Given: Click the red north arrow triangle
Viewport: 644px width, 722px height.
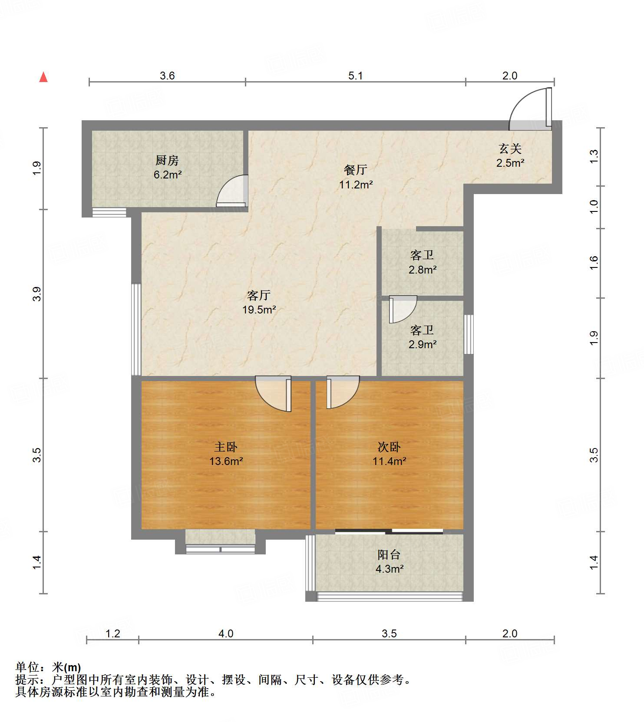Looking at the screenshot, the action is [x=43, y=77].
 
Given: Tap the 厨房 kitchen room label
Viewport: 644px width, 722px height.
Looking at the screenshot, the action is [x=167, y=161].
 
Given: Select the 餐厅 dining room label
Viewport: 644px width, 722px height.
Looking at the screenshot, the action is [x=356, y=170].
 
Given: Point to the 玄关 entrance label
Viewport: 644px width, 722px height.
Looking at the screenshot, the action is [x=510, y=149].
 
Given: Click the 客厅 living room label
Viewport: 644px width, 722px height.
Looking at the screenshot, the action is [x=259, y=295].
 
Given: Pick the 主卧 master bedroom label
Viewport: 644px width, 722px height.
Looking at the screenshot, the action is [x=226, y=447].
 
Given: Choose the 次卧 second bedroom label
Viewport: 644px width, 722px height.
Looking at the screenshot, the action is [x=389, y=447].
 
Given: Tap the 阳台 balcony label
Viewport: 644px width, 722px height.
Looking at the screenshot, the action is [x=389, y=554].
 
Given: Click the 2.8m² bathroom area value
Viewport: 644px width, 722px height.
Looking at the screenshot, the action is [x=423, y=270].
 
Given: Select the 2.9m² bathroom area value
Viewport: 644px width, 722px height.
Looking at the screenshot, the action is [x=423, y=344].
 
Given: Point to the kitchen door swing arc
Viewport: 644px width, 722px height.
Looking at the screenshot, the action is [x=232, y=190].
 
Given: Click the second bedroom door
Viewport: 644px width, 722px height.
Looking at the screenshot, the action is [x=343, y=392].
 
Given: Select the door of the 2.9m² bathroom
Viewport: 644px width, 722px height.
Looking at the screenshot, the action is [x=403, y=310].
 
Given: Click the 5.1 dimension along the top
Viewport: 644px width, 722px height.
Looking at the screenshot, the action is [x=355, y=76].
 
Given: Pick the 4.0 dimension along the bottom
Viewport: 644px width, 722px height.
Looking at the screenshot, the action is [x=226, y=634].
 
